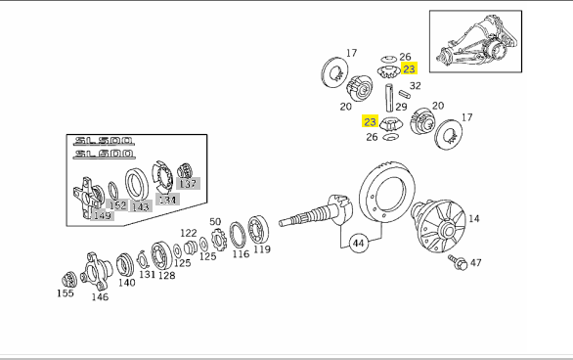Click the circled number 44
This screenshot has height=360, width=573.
359,243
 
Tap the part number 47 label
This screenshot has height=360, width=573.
475,262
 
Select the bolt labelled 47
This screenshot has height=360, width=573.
458,262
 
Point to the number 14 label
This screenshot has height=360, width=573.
473,218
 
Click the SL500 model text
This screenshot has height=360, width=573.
104,141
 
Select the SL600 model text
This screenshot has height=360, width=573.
104,154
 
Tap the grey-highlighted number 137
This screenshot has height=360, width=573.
188,184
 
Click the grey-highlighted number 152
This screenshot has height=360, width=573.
117,205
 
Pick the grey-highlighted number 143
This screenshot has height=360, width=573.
141,206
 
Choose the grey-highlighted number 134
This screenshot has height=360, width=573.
167,200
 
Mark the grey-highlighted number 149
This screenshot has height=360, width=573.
103,215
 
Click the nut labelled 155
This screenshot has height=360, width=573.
69,280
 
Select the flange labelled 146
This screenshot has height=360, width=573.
96,271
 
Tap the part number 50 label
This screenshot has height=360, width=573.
215,222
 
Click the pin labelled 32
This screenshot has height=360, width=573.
405,94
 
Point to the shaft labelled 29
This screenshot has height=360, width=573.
389,98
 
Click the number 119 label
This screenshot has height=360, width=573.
262,249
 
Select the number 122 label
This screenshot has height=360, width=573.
189,233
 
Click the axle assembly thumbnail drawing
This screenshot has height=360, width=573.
475,41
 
